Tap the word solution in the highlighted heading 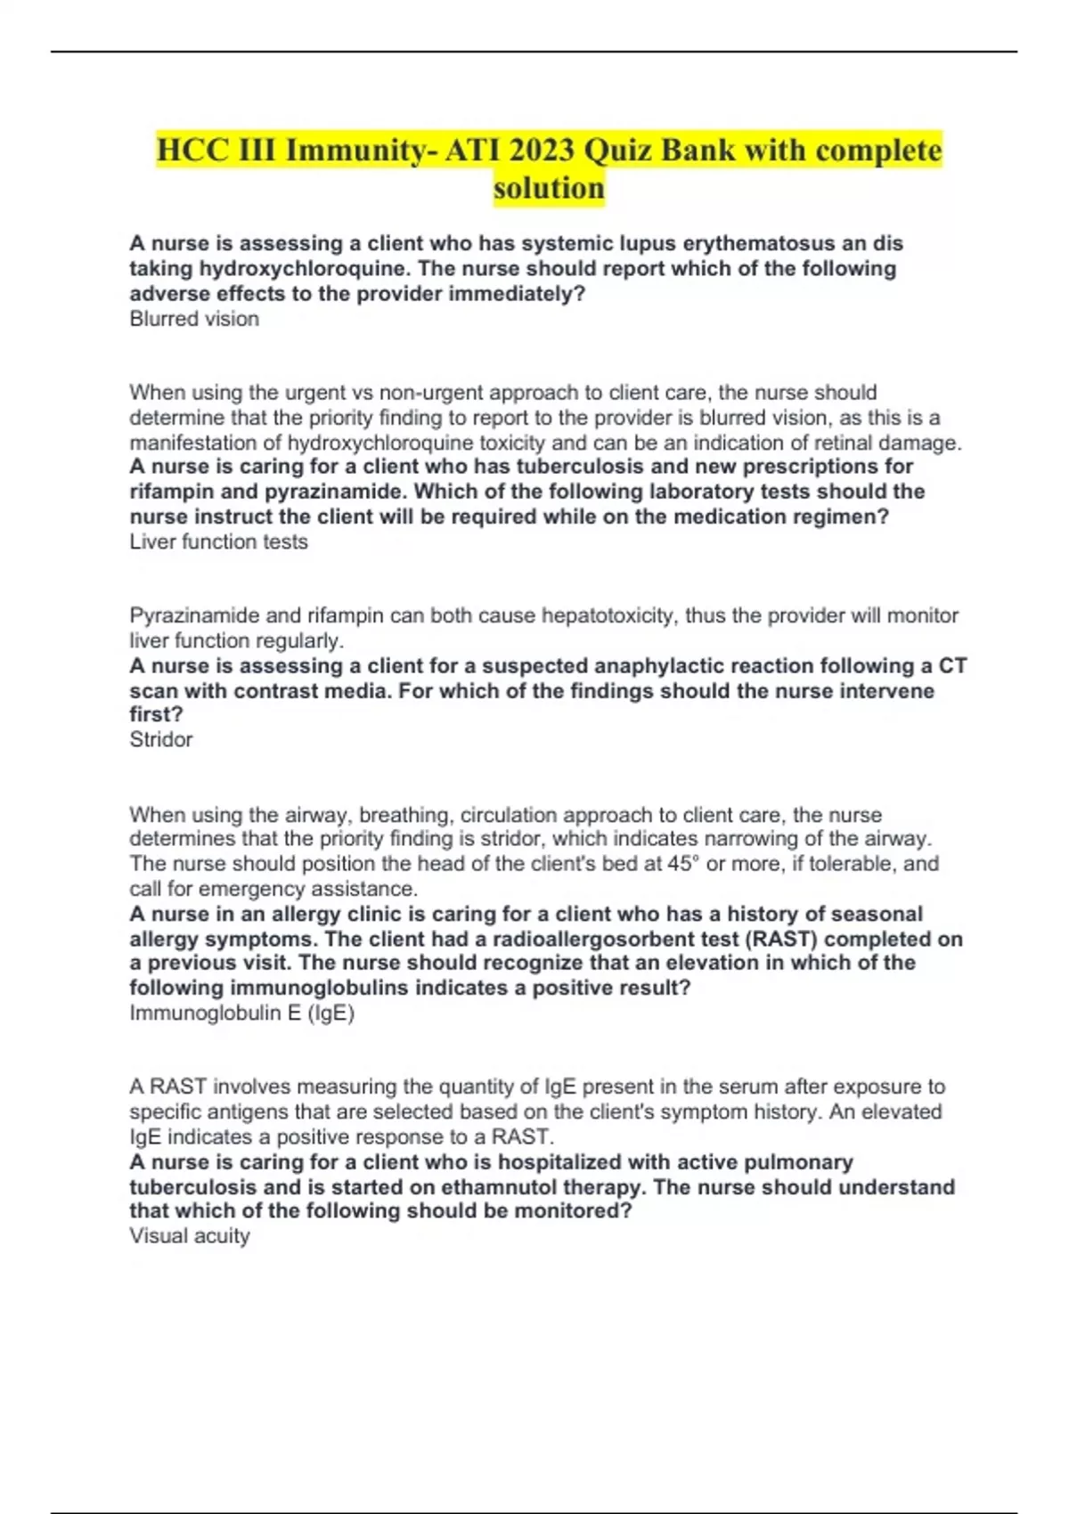(549, 189)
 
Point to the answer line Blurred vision (194, 319)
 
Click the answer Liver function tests (218, 541)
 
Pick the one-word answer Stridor (160, 739)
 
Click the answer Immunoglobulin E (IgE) (241, 1013)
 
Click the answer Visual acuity (189, 1235)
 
